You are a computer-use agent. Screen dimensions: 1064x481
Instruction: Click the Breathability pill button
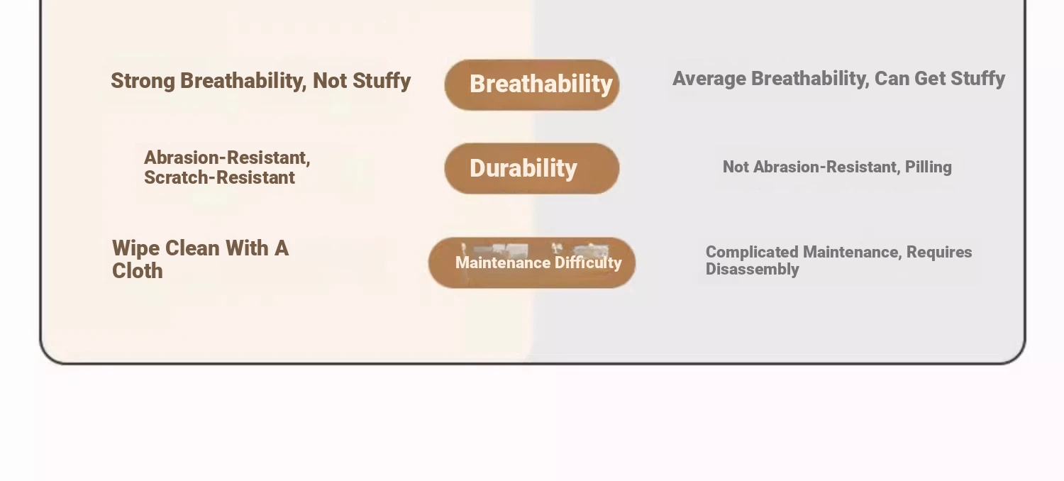(532, 85)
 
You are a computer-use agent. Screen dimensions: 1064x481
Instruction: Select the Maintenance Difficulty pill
(532, 262)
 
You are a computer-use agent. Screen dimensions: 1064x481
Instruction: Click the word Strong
(143, 82)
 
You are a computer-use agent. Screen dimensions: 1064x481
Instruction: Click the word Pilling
(928, 167)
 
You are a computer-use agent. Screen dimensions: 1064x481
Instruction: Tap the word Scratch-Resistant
(219, 178)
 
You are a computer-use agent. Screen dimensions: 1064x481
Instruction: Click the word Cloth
(138, 271)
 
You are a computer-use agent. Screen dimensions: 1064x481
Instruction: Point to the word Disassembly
(753, 269)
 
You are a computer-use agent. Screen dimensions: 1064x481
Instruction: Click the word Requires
(939, 252)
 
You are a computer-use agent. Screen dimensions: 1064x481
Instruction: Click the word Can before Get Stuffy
(892, 79)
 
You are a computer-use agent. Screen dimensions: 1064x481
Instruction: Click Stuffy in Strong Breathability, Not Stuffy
(382, 82)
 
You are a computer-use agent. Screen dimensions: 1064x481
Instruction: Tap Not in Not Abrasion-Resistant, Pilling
(736, 167)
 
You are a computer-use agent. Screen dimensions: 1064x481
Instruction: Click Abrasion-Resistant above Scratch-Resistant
(227, 157)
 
